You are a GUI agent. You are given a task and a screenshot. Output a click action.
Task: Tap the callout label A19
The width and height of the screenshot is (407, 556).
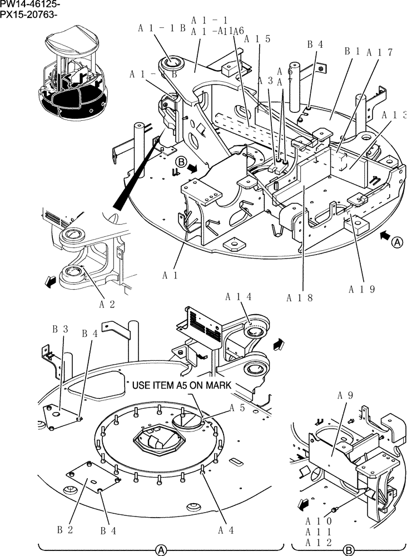click(363, 289)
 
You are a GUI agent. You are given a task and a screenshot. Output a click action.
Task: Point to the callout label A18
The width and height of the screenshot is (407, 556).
click(300, 297)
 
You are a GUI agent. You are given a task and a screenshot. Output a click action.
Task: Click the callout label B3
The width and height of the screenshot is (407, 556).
click(60, 330)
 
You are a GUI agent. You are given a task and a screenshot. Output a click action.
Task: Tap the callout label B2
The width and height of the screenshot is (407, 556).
click(66, 529)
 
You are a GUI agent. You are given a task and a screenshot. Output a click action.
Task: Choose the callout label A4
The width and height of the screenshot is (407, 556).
click(226, 530)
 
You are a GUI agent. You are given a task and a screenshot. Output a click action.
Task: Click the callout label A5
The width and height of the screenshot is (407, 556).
click(238, 408)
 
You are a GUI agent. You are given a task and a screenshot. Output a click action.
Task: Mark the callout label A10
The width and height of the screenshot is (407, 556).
click(319, 522)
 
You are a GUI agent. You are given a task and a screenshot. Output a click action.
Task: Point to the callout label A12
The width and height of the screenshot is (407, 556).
click(319, 543)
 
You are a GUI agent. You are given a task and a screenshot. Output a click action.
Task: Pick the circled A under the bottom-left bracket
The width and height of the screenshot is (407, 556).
click(160, 549)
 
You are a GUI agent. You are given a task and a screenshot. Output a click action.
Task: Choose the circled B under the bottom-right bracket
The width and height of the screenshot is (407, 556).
click(348, 549)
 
